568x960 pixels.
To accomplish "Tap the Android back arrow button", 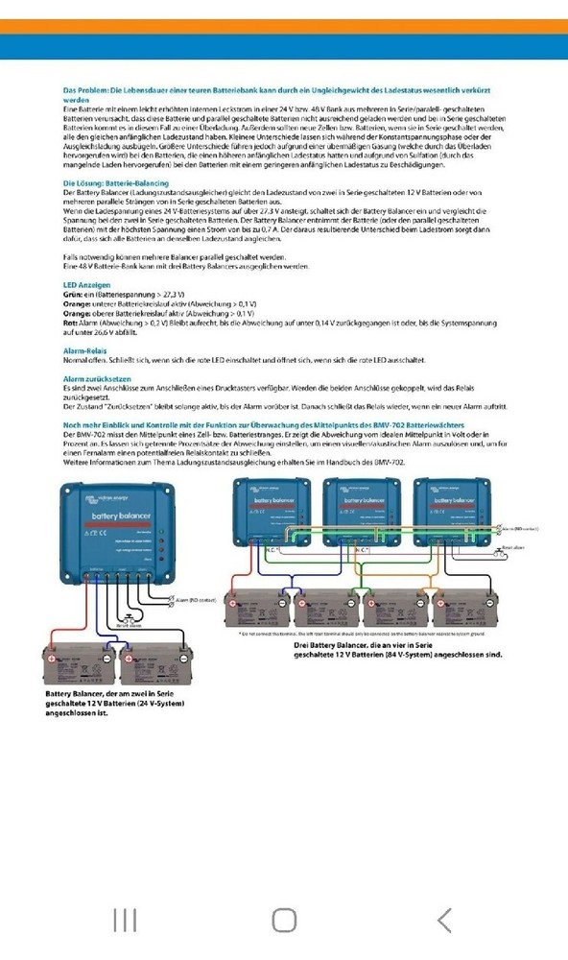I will [x=443, y=921].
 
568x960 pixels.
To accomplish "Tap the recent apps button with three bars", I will [x=125, y=921].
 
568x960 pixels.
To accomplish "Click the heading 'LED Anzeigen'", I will [x=86, y=285].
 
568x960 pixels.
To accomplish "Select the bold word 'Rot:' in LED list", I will [x=69, y=323].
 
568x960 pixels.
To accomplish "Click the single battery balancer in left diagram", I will [x=122, y=534].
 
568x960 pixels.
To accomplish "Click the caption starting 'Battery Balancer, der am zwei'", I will [x=115, y=703].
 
